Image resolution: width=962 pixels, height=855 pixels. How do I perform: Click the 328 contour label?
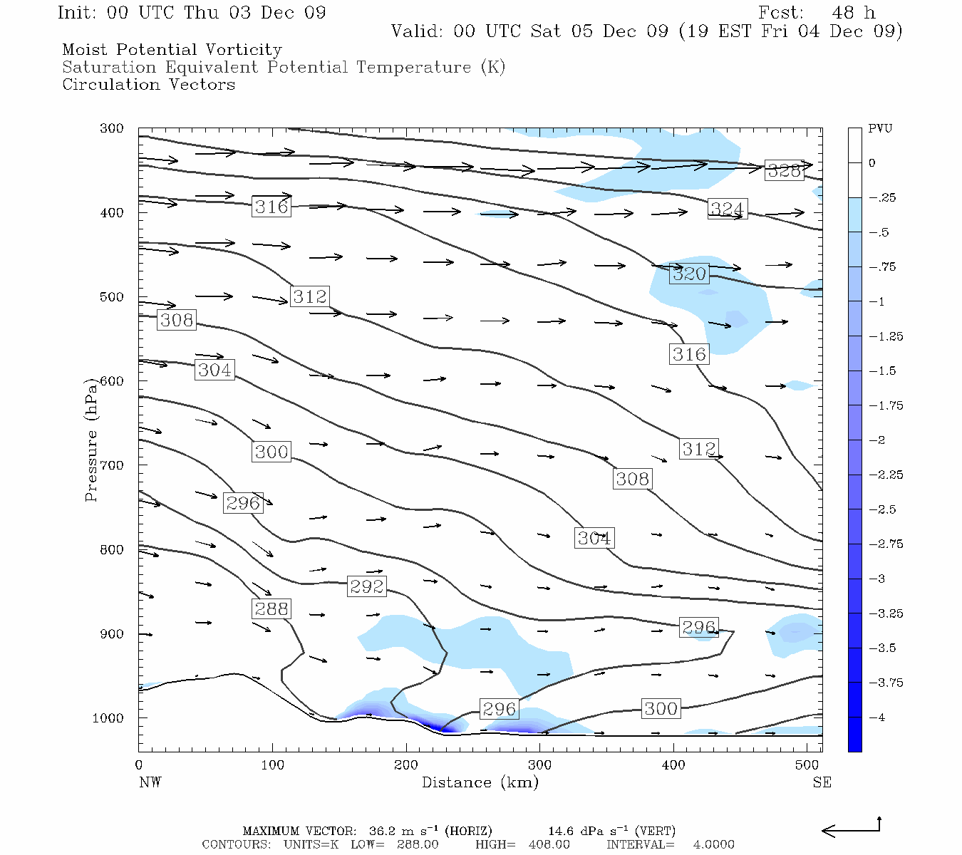[x=784, y=170]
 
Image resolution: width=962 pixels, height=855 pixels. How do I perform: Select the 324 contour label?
[x=727, y=209]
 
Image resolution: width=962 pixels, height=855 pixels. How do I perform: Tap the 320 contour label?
[x=689, y=274]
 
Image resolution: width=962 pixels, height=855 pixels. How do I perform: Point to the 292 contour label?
[x=367, y=586]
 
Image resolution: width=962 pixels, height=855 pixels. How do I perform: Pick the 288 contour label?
[x=271, y=608]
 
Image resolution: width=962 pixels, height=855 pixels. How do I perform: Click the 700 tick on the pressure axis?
[x=112, y=465]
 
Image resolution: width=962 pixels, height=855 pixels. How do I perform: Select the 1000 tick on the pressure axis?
[x=108, y=718]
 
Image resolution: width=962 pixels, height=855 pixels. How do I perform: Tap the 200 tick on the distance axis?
[x=406, y=765]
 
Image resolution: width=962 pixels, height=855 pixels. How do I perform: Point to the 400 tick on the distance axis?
[x=673, y=765]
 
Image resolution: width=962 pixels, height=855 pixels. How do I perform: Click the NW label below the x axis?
[x=150, y=782]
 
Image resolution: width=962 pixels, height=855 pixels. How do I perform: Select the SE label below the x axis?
[x=822, y=782]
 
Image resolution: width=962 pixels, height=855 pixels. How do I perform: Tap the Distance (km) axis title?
[x=480, y=782]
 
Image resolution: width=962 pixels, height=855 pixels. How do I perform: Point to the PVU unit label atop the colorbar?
[x=880, y=128]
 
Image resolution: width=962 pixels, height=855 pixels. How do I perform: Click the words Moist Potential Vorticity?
[x=172, y=50]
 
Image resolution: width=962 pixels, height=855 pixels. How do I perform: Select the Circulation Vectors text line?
[x=148, y=84]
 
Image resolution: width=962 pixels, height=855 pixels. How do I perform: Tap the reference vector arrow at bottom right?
[x=851, y=829]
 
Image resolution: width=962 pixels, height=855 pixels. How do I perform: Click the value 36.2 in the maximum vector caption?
[x=382, y=831]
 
